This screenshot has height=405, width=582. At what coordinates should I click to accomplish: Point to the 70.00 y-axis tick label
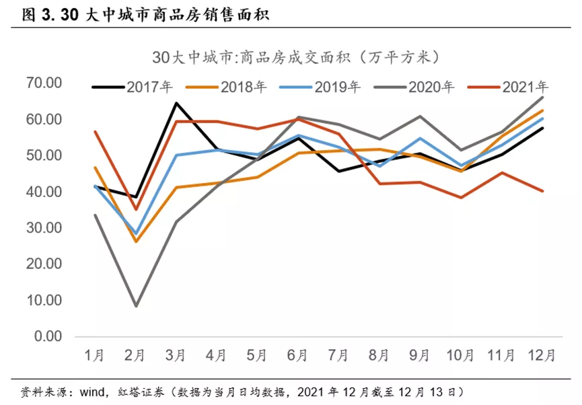pyautogui.click(x=44, y=83)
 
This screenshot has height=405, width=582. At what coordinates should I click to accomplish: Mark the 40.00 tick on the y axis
pyautogui.click(x=44, y=192)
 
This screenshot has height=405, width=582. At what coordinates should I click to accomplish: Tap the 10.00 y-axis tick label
pyautogui.click(x=44, y=300)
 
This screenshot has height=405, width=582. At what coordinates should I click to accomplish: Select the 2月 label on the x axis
pyautogui.click(x=137, y=355)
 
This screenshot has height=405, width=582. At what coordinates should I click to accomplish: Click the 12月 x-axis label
pyautogui.click(x=542, y=355)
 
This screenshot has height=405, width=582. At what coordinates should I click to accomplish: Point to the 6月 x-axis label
pyautogui.click(x=299, y=355)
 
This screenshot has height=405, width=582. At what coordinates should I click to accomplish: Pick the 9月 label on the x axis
pyautogui.click(x=421, y=355)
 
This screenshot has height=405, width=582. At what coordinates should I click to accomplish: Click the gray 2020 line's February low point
pyautogui.click(x=137, y=306)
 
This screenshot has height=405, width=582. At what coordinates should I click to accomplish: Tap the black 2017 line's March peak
pyautogui.click(x=177, y=103)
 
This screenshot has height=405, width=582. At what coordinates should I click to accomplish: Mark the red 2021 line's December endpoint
pyautogui.click(x=542, y=191)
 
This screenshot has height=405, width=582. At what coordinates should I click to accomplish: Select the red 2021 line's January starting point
pyautogui.click(x=96, y=132)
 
